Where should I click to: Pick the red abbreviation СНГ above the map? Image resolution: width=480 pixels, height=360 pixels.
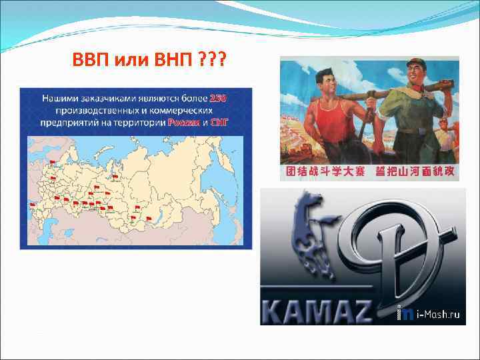pyautogui.click(x=219, y=122)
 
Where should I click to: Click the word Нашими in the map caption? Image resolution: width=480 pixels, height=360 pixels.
pyautogui.click(x=61, y=99)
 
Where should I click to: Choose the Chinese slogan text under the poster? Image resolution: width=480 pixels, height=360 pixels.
pyautogui.click(x=369, y=172)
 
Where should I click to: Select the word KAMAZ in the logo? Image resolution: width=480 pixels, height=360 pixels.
pyautogui.click(x=320, y=311)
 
